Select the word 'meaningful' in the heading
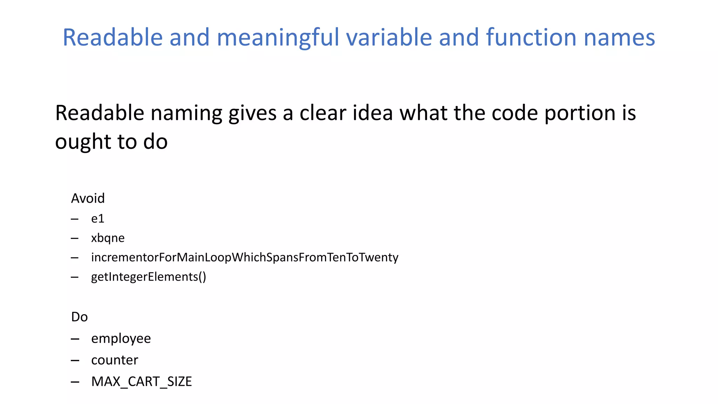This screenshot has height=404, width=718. click(x=278, y=38)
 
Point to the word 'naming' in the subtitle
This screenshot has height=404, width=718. click(x=187, y=114)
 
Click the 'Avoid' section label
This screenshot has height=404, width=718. click(x=88, y=198)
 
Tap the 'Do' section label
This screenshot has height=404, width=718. click(x=79, y=317)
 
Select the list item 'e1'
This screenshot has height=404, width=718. click(x=97, y=219)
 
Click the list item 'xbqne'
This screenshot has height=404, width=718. click(x=108, y=238)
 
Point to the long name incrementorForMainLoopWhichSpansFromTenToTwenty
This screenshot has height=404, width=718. click(x=244, y=257)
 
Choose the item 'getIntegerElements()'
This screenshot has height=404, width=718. click(x=148, y=277)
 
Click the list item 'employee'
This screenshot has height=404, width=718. click(x=121, y=339)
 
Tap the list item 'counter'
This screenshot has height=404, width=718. click(x=115, y=360)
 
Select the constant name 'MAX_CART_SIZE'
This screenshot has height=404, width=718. click(x=141, y=382)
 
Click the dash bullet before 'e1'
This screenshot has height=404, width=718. click(x=75, y=219)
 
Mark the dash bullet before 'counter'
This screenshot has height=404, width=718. click(x=75, y=361)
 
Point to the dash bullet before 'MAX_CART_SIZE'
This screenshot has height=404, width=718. click(x=75, y=382)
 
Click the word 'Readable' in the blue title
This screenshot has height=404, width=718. click(x=113, y=37)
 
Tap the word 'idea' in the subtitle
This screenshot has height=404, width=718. click(x=372, y=113)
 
